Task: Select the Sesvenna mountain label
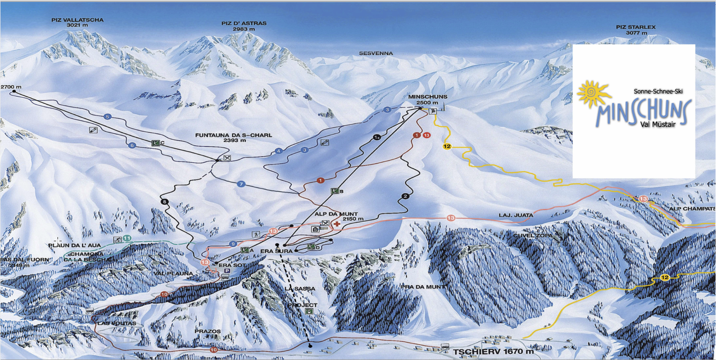click(376, 54)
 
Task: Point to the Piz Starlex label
click(636, 30)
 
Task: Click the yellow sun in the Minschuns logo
click(593, 93)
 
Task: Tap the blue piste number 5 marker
click(108, 116)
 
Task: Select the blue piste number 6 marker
click(132, 145)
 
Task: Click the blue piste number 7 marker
click(241, 184)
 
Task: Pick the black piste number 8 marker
click(164, 202)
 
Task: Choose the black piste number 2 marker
click(405, 196)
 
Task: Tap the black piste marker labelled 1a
click(377, 137)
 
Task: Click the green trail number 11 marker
click(127, 238)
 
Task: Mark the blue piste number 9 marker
click(233, 244)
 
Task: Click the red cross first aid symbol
click(336, 224)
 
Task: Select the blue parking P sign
click(227, 270)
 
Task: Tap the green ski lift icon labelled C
click(156, 143)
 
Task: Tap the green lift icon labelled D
click(311, 246)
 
